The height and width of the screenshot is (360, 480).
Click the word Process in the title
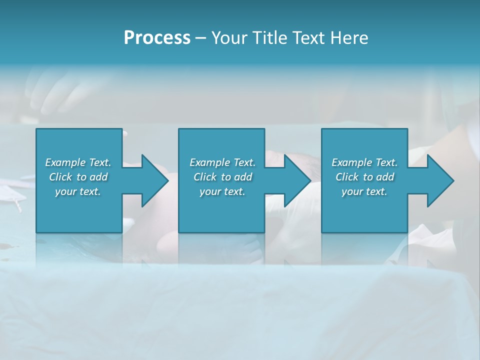coord(157,38)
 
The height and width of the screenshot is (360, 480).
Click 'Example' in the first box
coord(65,162)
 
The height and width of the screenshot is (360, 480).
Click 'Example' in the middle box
coord(210,162)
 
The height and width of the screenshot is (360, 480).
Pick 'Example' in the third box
coord(352,162)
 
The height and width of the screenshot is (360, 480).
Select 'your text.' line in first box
coord(78,191)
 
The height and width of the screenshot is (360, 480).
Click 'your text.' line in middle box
coord(222,191)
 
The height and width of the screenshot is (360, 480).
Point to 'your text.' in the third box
coord(364,191)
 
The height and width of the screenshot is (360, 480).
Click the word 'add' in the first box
coord(99,177)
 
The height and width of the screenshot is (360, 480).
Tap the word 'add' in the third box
coord(385,177)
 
